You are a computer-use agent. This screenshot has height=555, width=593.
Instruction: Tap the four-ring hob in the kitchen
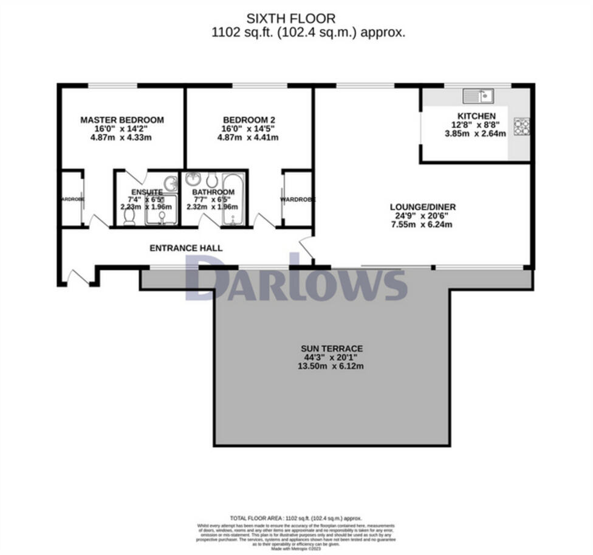coord(521,127)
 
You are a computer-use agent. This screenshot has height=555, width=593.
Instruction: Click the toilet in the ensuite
coord(129,216)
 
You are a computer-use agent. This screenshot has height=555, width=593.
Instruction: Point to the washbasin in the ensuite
coord(171,182)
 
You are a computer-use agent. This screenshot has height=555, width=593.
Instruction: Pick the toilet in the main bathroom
coord(211,180)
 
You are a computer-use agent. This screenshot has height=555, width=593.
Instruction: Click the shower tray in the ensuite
coord(162,210)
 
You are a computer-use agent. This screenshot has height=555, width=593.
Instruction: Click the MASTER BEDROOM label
coord(122,120)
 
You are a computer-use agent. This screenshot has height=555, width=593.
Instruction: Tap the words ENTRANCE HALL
coord(186,248)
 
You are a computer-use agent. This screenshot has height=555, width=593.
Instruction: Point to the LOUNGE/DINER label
coord(423,207)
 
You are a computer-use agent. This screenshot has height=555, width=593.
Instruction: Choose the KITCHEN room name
coord(476,116)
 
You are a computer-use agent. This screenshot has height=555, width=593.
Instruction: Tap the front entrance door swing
coord(78,278)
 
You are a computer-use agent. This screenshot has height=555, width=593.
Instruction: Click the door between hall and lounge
coord(307,248)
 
